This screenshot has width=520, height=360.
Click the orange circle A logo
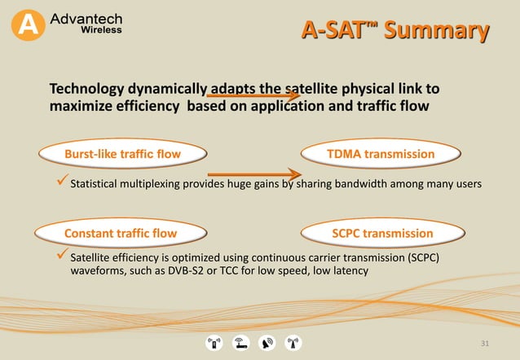click(x=29, y=25)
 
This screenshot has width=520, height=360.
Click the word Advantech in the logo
click(x=86, y=17)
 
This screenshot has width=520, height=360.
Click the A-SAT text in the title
click(x=334, y=31)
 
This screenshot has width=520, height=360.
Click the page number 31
click(x=486, y=344)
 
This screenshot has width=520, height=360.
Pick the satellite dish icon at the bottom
click(x=267, y=343)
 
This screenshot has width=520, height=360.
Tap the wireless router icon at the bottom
click(x=240, y=343)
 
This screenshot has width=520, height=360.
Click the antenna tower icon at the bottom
click(x=293, y=343)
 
